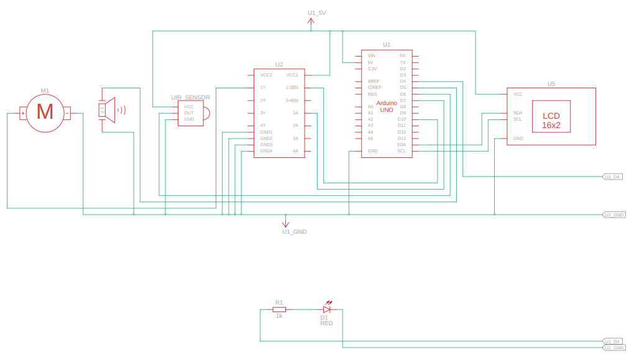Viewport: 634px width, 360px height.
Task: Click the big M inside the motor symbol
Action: (45, 113)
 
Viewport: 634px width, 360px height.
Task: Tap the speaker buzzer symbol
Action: (109, 109)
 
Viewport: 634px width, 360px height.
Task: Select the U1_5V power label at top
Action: (316, 12)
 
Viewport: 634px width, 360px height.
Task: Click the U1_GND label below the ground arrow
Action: (294, 231)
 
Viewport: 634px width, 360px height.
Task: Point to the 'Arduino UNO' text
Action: (387, 106)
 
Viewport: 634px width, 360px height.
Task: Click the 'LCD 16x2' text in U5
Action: (551, 120)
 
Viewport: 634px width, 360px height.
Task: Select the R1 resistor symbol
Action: (279, 309)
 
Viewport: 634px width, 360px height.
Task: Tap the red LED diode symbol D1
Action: (327, 309)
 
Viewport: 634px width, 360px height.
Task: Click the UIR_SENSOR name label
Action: (190, 98)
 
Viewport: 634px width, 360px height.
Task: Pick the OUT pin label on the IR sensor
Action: (188, 113)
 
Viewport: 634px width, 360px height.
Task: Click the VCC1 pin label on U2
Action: (292, 75)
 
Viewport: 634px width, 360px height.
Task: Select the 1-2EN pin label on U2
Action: (292, 88)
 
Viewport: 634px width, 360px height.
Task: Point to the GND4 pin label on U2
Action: (266, 151)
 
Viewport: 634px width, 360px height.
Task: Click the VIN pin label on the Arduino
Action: (371, 55)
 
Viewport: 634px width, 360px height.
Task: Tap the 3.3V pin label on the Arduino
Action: (372, 68)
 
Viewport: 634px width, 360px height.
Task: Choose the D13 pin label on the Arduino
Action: (402, 138)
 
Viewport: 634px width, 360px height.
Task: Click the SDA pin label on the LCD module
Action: (517, 113)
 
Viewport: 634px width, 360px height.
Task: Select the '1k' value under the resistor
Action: (279, 316)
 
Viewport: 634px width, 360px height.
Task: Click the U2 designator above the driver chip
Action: (279, 64)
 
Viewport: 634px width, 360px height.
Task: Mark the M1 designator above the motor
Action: (45, 90)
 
